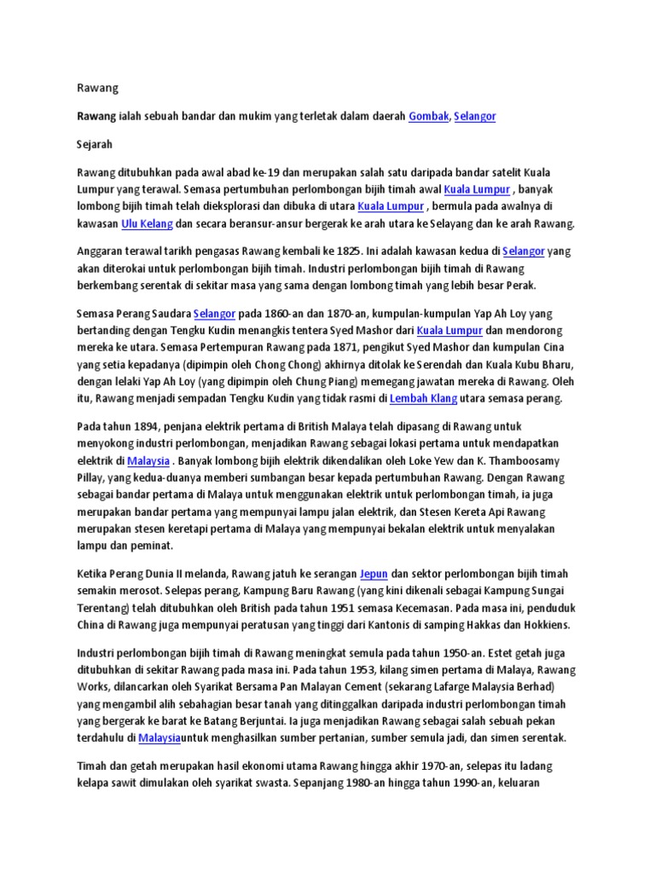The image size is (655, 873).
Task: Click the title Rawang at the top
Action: coord(97,88)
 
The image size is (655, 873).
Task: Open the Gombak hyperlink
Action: coord(428,116)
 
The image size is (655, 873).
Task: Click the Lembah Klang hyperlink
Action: coord(423,398)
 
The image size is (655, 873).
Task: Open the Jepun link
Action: coord(374,574)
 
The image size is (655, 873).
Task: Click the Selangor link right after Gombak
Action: coord(474,116)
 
